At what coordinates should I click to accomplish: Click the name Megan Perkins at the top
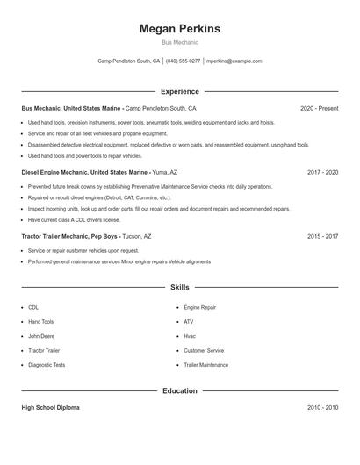(x=179, y=29)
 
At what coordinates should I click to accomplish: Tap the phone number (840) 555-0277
(x=184, y=61)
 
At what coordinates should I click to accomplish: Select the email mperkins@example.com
(x=234, y=61)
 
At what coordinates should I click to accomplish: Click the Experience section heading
(x=179, y=91)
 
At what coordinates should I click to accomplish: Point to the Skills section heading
(x=179, y=287)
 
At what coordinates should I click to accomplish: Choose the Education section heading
(x=179, y=390)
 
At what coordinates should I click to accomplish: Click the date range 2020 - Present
(x=319, y=108)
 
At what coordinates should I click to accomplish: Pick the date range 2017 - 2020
(x=322, y=173)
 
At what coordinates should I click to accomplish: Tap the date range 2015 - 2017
(x=322, y=237)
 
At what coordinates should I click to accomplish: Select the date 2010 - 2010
(x=322, y=408)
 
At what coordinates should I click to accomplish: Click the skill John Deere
(x=41, y=336)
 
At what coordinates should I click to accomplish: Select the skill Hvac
(x=190, y=336)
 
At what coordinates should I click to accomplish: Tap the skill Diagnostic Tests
(x=47, y=364)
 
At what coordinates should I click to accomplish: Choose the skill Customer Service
(x=204, y=350)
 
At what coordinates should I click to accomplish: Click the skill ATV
(x=189, y=322)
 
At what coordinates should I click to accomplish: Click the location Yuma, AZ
(x=164, y=173)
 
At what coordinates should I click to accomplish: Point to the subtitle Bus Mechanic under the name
(x=179, y=42)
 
